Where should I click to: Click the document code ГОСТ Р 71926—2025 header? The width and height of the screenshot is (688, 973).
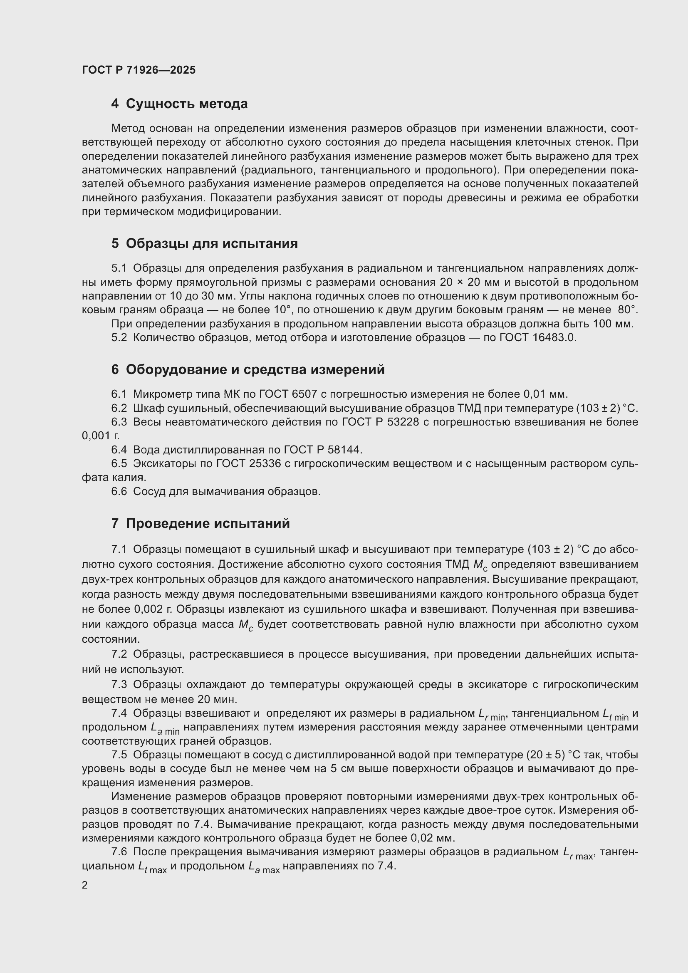(139, 70)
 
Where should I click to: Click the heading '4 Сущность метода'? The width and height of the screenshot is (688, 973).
(179, 104)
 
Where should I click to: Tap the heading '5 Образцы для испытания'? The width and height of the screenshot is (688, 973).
(204, 243)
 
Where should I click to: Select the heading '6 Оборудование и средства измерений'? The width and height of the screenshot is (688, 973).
(248, 369)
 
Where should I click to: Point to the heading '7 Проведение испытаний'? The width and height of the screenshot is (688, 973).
(200, 523)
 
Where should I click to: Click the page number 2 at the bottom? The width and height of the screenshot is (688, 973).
(85, 885)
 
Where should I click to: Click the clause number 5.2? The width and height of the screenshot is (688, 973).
(119, 338)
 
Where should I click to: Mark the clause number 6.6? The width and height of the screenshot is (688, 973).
(119, 492)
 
